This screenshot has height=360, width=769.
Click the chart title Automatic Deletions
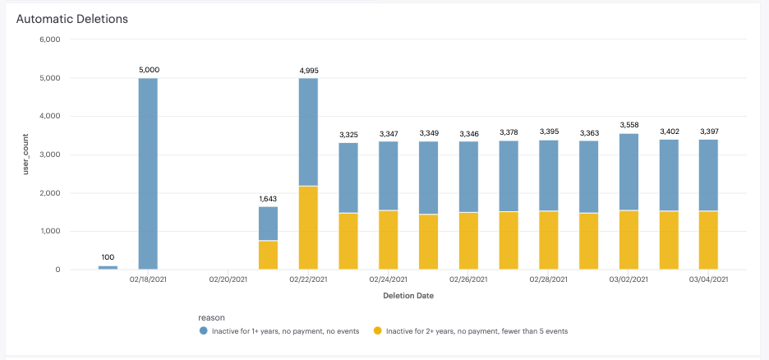tap(71, 17)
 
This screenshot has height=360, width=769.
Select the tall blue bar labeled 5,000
tap(148, 173)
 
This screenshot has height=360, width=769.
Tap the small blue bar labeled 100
tap(108, 267)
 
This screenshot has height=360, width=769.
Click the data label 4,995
tap(309, 71)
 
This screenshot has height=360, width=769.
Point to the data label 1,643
tap(268, 199)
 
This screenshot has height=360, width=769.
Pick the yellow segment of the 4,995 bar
tap(309, 228)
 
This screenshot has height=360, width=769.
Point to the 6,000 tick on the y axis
tap(50, 39)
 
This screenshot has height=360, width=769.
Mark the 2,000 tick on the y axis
tap(50, 193)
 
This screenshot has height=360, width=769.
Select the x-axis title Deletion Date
tap(408, 295)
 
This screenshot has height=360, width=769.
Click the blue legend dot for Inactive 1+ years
tap(203, 330)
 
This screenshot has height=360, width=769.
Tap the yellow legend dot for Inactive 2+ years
tap(377, 330)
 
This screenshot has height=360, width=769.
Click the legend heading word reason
tap(212, 316)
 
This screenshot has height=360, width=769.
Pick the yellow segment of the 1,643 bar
tap(268, 255)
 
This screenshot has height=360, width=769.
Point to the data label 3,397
tap(709, 132)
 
